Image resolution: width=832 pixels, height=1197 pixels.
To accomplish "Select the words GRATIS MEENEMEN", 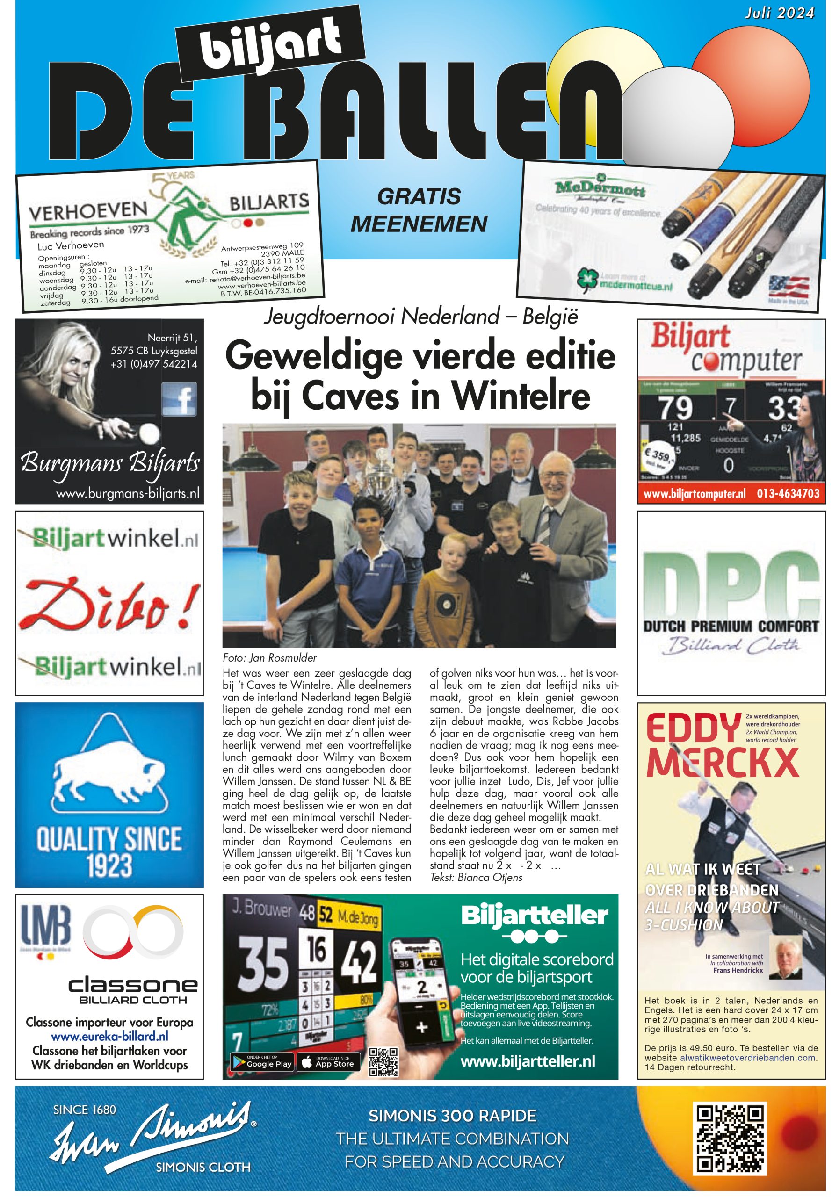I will click(419, 210).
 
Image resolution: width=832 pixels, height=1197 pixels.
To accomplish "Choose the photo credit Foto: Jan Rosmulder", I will click(269, 657).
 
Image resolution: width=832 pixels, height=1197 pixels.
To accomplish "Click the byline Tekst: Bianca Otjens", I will click(476, 877).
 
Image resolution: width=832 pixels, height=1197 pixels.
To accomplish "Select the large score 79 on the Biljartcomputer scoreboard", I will click(676, 408).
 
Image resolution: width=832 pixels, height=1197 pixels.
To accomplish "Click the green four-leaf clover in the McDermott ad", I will click(587, 279).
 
